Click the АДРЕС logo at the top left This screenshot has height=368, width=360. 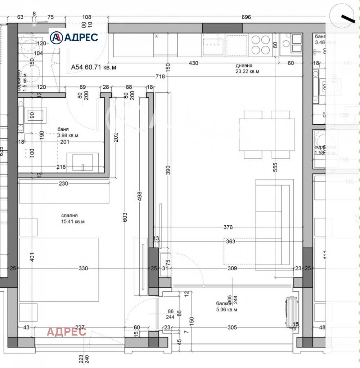tap(74, 37)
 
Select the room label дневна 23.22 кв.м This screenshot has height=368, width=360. tap(247, 68)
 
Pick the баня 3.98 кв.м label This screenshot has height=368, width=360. tap(68, 132)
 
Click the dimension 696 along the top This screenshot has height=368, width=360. tap(246, 17)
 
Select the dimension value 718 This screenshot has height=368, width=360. tap(160, 76)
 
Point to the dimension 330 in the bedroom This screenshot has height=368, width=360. tap(83, 269)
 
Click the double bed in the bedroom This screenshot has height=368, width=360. tap(59, 269)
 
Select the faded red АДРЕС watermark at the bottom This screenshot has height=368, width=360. tap(67, 332)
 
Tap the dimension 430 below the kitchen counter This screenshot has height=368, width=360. tap(193, 63)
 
